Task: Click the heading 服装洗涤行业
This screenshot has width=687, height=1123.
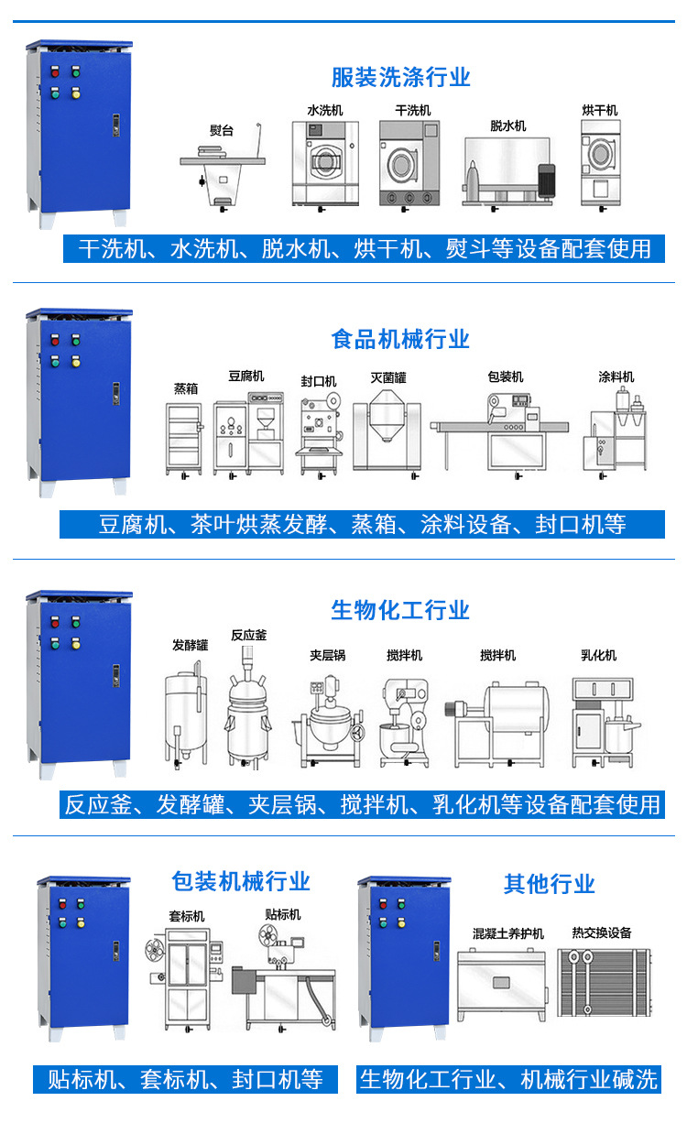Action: coord(400,77)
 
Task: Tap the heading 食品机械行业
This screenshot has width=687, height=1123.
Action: coord(400,339)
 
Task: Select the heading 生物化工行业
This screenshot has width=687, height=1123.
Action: coord(400,610)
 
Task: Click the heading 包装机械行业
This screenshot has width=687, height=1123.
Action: coord(241,881)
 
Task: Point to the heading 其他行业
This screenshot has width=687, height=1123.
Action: coord(549,884)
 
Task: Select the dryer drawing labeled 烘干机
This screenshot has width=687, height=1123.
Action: coord(600,165)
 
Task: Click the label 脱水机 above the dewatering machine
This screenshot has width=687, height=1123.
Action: coord(507,125)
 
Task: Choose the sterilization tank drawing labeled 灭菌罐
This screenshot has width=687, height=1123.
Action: coord(387,431)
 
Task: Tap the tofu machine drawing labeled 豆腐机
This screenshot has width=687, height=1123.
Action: coord(248,431)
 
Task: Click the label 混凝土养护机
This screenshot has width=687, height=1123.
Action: coord(507,933)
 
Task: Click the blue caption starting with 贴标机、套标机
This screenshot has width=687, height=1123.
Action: coord(185,1079)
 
